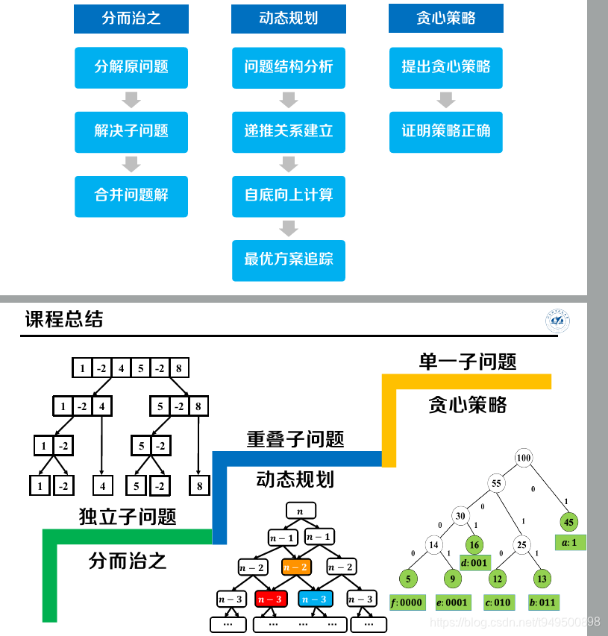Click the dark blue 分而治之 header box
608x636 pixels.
click(x=131, y=19)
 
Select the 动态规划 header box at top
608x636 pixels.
click(x=288, y=19)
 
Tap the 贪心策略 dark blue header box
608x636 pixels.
click(x=445, y=19)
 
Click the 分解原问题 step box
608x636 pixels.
click(x=131, y=67)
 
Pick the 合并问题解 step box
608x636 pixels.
click(x=131, y=195)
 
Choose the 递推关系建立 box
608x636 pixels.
click(x=288, y=131)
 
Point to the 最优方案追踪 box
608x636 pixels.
click(x=288, y=259)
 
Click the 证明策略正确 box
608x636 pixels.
click(x=445, y=131)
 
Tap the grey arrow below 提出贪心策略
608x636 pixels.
click(x=446, y=99)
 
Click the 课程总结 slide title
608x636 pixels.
click(x=64, y=320)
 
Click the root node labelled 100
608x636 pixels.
click(x=524, y=457)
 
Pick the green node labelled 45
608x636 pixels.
click(x=569, y=522)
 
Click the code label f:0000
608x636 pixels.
click(x=407, y=602)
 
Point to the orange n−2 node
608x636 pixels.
click(x=296, y=567)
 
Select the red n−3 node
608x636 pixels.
click(x=269, y=598)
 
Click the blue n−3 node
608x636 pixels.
click(x=314, y=598)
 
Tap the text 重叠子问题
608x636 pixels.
click(x=295, y=439)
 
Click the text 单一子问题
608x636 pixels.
click(x=468, y=362)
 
